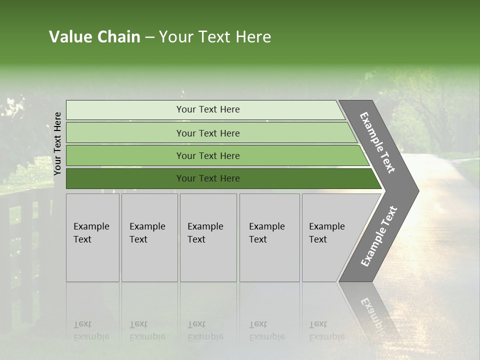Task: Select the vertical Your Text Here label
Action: click(57, 143)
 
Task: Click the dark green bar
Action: click(125, 178)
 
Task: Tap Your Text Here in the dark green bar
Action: click(208, 178)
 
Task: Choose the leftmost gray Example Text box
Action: click(92, 237)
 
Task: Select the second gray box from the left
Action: click(149, 237)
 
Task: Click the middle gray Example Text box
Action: click(208, 237)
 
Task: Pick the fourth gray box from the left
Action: click(269, 237)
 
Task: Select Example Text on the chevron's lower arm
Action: click(379, 236)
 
